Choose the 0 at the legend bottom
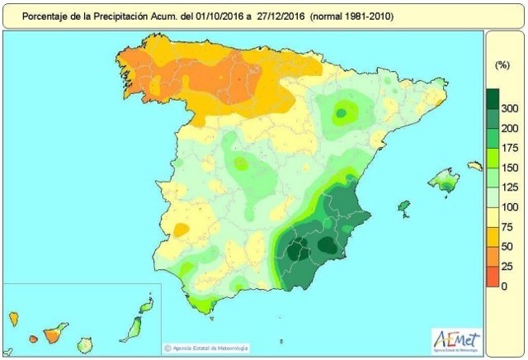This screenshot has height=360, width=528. coord(505,286)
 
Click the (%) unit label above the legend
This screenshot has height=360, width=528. coord(501,64)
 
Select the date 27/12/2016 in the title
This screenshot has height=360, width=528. coord(278,16)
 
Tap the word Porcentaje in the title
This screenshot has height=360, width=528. coord(47,16)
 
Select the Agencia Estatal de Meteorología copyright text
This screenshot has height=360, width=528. coord(210,348)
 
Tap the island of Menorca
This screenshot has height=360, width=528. coord(474,167)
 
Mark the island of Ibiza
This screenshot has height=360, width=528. coord(404,206)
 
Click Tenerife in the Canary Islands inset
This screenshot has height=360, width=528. coord(56,332)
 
